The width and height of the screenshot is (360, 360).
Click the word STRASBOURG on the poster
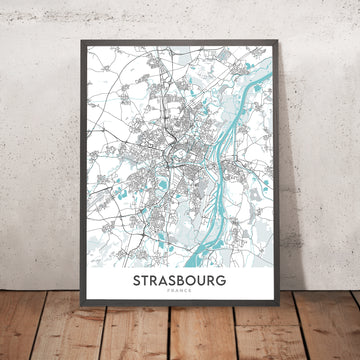click(x=179, y=283)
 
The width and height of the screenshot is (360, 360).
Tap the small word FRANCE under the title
click(x=179, y=297)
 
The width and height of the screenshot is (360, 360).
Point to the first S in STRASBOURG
click(x=136, y=283)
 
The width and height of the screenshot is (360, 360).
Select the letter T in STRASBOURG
click(x=146, y=283)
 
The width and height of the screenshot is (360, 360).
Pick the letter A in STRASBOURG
click(x=166, y=283)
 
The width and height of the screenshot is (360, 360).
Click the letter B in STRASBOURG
click(x=186, y=283)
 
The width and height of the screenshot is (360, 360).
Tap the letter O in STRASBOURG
click(x=197, y=283)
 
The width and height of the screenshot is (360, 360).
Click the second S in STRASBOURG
click(x=176, y=283)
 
